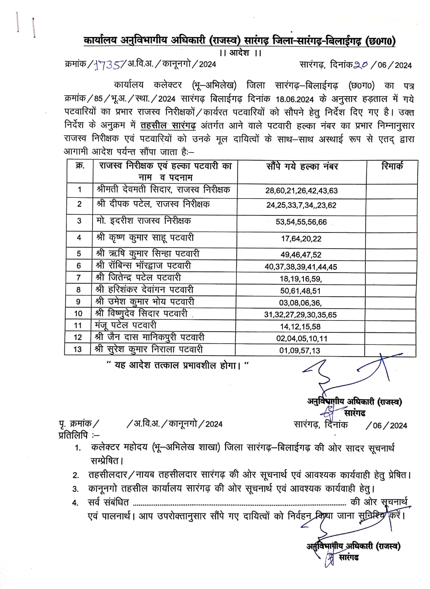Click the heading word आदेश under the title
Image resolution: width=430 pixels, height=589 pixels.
tap(240, 53)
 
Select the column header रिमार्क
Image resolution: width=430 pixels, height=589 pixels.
tap(392, 166)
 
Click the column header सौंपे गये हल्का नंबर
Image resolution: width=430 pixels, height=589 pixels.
tap(302, 166)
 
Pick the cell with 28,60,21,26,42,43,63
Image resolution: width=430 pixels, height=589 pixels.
tap(301, 191)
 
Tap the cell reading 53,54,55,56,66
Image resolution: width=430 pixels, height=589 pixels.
tap(301, 222)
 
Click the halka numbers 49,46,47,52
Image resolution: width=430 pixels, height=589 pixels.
tap(301, 255)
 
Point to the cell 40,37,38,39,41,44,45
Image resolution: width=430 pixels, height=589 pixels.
tap(301, 267)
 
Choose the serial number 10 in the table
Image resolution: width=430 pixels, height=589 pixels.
tap(78, 314)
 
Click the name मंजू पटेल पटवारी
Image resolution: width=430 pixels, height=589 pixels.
tap(125, 326)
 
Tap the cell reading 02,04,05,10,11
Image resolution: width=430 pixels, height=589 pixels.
tap(302, 339)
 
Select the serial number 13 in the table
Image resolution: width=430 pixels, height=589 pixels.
tap(78, 349)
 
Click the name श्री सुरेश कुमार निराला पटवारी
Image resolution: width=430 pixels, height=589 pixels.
tap(149, 349)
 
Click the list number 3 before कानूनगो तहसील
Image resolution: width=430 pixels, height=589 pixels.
tap(76, 489)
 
